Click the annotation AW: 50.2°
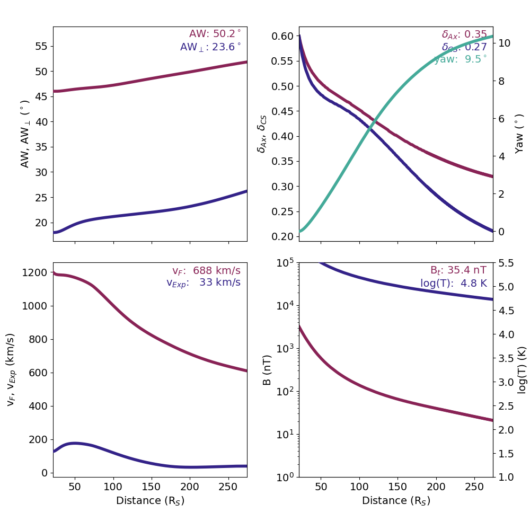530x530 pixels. point(215,34)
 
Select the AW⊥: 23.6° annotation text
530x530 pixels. point(210,47)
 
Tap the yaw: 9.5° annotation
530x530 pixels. point(461,59)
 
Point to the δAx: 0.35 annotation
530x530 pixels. point(464,35)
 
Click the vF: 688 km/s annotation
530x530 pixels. point(206,271)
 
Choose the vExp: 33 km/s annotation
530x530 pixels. point(204,282)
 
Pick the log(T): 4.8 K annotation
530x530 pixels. point(454,283)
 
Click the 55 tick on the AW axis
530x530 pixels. point(41,46)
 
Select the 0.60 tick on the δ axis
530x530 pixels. point(282,37)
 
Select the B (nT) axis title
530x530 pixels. point(268,369)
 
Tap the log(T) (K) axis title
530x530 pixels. point(521,369)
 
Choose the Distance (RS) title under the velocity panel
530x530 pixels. point(150,501)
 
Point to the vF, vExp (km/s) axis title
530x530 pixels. point(11,369)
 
